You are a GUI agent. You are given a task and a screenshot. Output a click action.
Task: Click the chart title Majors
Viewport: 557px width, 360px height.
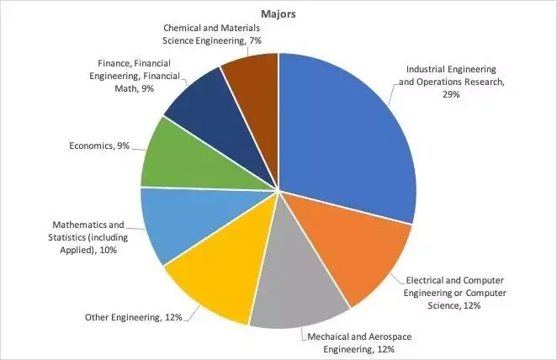(278, 14)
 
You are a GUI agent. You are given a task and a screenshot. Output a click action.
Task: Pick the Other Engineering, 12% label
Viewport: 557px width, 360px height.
(134, 317)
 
